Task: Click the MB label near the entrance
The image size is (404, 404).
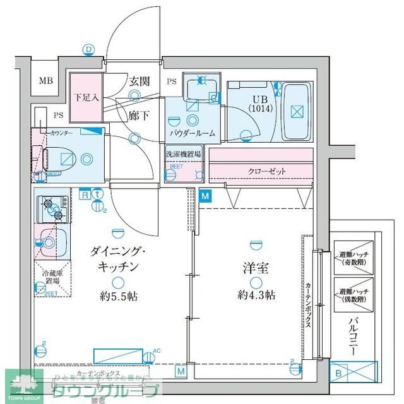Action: (45, 81)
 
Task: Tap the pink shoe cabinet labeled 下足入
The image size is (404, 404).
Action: (85, 98)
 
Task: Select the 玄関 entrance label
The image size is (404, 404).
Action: (139, 81)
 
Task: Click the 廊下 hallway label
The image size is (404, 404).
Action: (139, 116)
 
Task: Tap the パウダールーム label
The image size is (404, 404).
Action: (193, 133)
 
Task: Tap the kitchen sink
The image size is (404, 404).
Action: (50, 240)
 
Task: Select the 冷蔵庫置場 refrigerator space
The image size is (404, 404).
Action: (52, 278)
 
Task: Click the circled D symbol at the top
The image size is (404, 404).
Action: (89, 49)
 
